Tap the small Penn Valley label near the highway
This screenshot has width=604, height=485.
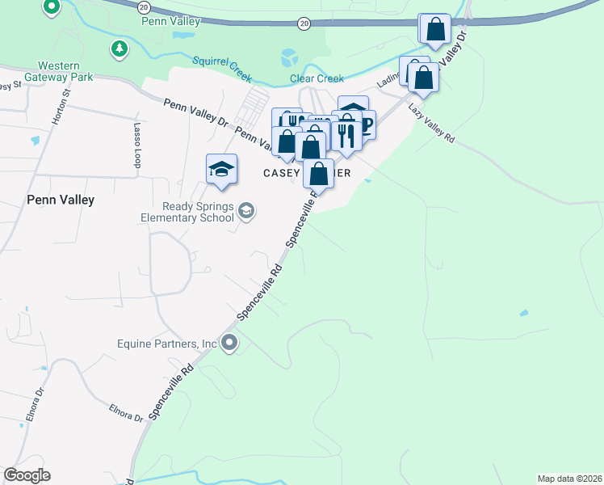coord(170,21)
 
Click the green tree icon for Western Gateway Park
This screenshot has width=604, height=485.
coord(120,49)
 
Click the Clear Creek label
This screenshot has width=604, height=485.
coord(317,78)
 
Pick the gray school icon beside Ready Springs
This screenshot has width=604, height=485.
coord(245,212)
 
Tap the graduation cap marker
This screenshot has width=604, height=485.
coord(221,169)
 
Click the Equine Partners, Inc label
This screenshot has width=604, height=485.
coord(168,344)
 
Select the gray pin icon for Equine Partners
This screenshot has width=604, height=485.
coord(229,343)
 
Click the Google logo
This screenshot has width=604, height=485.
coord(27,475)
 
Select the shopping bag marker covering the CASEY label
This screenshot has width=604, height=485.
coord(320,175)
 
